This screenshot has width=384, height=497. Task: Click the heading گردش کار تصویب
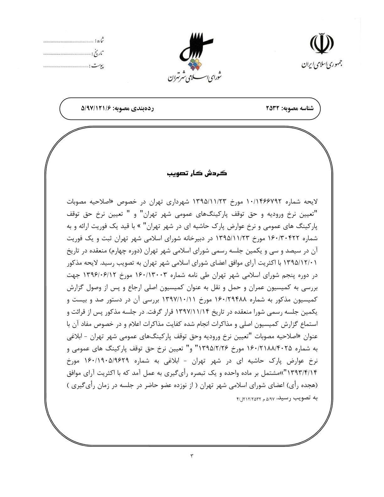coord(197,174)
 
